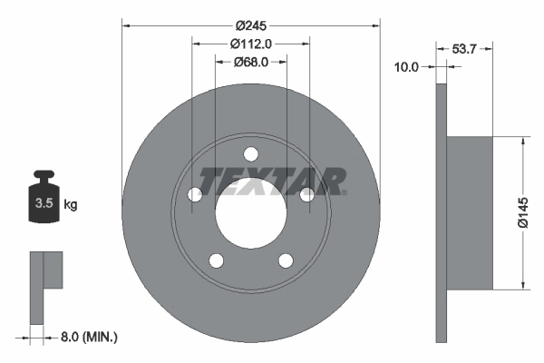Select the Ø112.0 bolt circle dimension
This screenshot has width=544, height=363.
[251, 44]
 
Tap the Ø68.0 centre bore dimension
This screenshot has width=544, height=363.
[251, 62]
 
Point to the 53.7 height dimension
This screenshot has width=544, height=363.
[464, 49]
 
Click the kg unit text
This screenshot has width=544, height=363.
[71, 205]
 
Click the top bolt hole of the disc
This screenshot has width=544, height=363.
[251, 154]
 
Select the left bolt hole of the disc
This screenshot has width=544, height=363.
[194, 194]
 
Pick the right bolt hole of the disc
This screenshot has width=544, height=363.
[307, 194]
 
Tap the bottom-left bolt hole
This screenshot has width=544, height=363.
[216, 261]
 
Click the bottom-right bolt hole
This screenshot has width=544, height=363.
[286, 261]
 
